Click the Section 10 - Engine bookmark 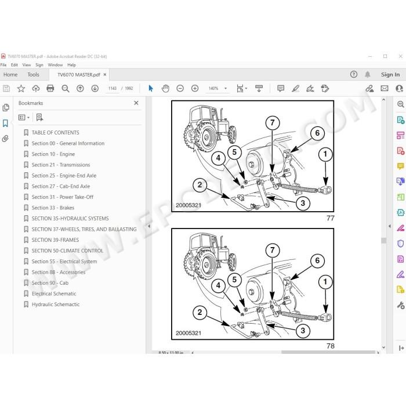pyautogui.click(x=53, y=154)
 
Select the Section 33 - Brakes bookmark pyautogui.click(x=53, y=208)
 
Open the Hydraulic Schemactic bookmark pyautogui.click(x=56, y=304)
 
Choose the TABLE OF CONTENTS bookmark pyautogui.click(x=56, y=133)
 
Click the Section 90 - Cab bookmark pyautogui.click(x=50, y=283)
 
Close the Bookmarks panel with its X pyautogui.click(x=136, y=103)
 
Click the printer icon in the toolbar pyautogui.click(x=50, y=89)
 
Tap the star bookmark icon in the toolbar pyautogui.click(x=21, y=89)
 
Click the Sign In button pyautogui.click(x=390, y=75)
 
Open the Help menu pyautogui.click(x=71, y=65)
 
